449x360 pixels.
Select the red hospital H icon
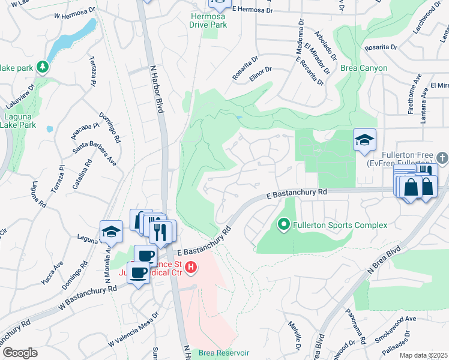[x=191, y=268]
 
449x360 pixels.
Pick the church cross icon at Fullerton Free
[x=442, y=158]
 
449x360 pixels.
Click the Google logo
[x=20, y=353]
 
